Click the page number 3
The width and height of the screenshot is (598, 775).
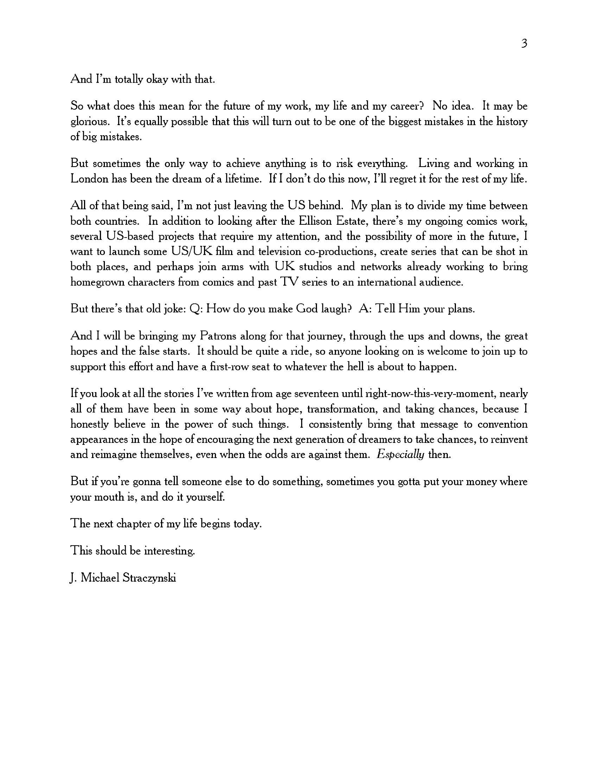point(524,43)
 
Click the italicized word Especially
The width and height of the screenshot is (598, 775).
point(400,454)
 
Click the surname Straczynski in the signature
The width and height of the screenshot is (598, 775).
point(149,578)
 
